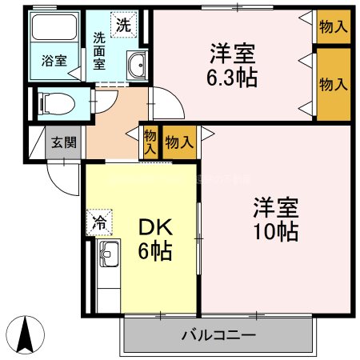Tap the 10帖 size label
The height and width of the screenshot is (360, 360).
(x=276, y=231)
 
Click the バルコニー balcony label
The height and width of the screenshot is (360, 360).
(x=218, y=335)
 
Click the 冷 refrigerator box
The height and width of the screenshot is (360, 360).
(x=100, y=222)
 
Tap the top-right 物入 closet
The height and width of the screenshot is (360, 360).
(x=332, y=26)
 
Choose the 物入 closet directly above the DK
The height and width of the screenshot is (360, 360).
(x=179, y=142)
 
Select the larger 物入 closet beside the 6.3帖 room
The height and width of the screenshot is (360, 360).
(x=332, y=83)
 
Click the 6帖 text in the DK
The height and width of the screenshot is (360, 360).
(x=156, y=252)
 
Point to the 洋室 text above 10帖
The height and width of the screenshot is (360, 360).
(x=276, y=208)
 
